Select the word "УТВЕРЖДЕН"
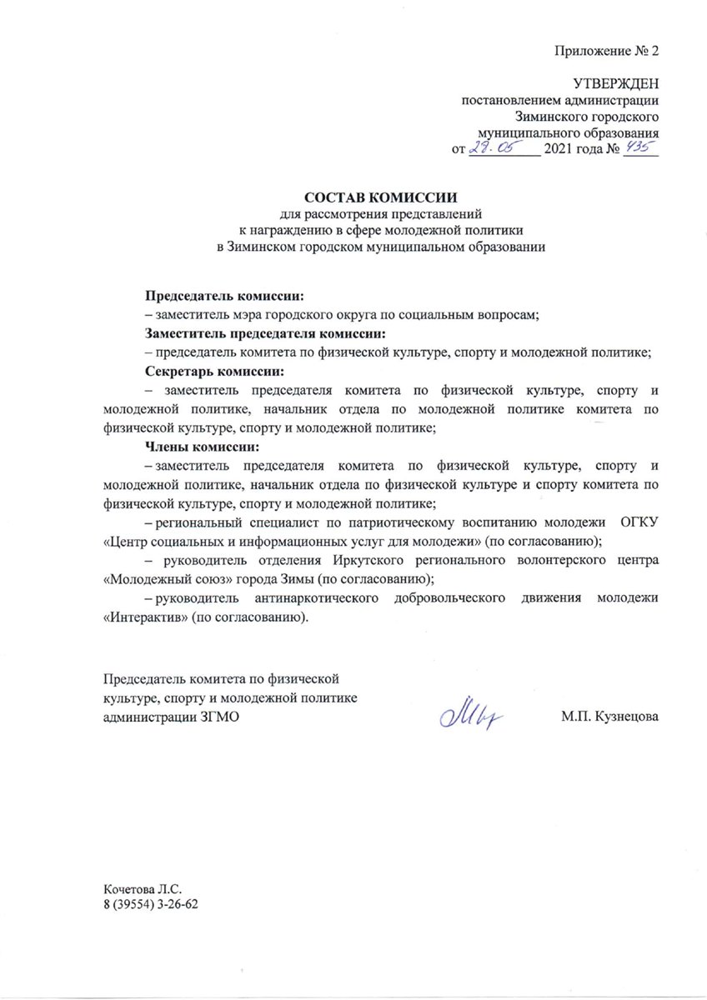click(616, 84)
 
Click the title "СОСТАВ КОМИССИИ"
click(381, 198)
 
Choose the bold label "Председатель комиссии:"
click(225, 296)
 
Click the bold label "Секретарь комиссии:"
click(214, 370)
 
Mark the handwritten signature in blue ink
click(470, 713)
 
